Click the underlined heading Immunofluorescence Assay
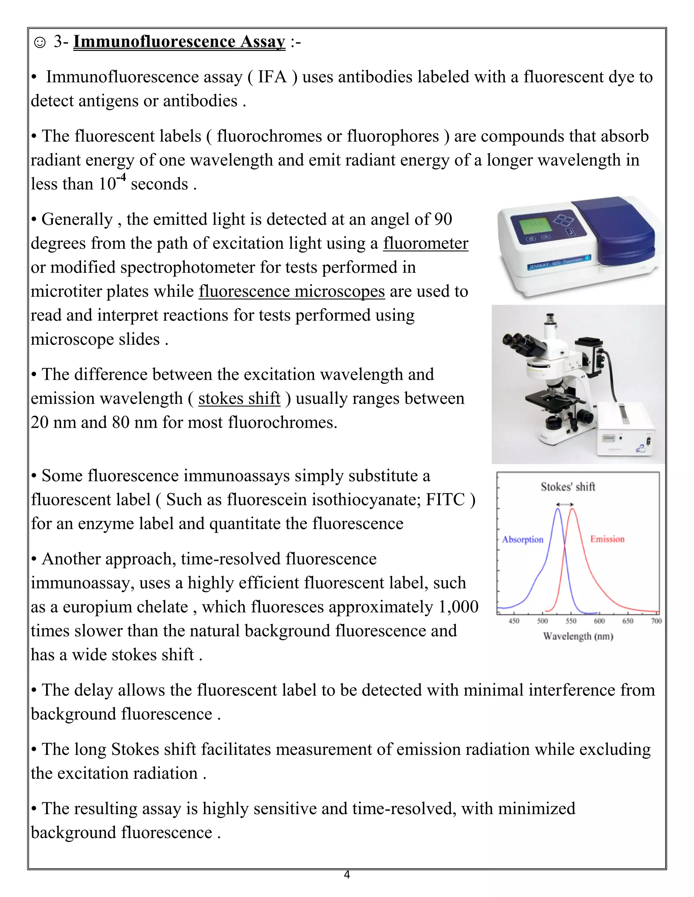point(179,42)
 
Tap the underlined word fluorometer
point(426,243)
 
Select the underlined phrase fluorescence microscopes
point(291,291)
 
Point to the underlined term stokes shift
point(239,398)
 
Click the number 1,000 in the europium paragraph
point(458,607)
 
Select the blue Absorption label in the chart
point(523,539)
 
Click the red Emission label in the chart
point(607,539)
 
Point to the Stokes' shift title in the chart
point(568,487)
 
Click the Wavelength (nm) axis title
point(578,636)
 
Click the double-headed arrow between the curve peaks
point(565,504)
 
